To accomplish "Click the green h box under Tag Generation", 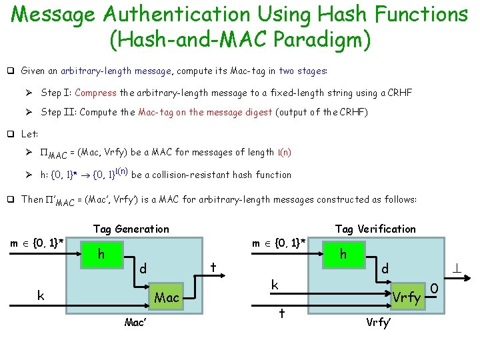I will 101,255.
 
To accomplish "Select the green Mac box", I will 167,297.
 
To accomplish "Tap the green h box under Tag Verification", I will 343,254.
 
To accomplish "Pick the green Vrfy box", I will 407,297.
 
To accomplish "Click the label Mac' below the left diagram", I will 136,323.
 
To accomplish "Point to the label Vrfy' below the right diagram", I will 379,323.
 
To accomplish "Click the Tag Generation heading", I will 131,229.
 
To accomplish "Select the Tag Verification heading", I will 375,229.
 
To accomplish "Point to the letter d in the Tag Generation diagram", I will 141,269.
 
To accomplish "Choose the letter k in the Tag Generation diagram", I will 41,294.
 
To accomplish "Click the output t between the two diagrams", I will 212,265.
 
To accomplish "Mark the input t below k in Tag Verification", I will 283,313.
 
